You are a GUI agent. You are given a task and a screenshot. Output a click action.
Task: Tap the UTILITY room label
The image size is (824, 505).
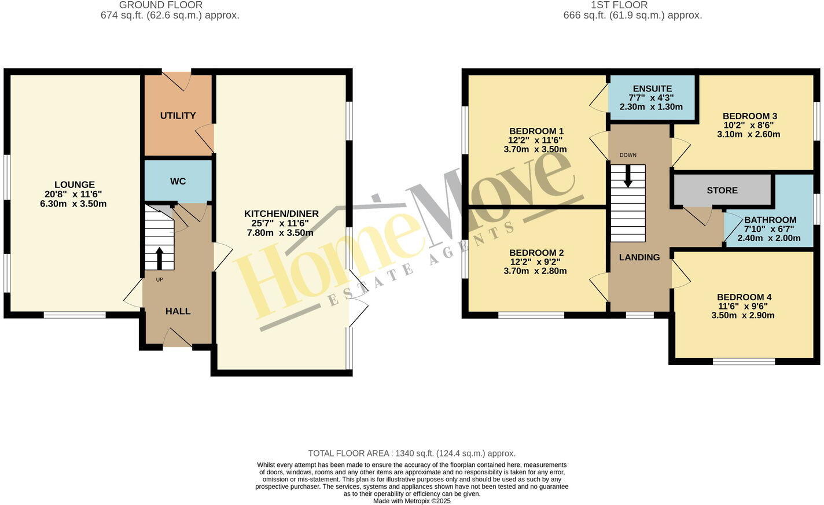178,116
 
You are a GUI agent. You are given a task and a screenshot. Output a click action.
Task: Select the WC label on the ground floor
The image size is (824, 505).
178,181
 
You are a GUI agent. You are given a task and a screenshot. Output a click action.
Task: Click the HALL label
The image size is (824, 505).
178,311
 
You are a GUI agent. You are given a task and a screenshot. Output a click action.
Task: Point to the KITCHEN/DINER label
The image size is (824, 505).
281,214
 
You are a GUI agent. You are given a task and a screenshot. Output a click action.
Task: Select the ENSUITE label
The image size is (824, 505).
652,89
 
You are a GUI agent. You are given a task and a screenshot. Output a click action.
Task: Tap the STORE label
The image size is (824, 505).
722,190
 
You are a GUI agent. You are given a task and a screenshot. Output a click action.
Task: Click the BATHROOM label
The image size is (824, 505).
770,220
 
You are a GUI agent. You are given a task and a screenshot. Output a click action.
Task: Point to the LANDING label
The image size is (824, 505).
639,257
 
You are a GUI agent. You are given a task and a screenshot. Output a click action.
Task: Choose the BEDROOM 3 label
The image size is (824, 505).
749,116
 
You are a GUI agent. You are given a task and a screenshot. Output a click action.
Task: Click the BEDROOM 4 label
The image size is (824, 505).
744,297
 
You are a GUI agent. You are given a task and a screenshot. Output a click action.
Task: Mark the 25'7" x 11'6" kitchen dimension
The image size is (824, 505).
281,223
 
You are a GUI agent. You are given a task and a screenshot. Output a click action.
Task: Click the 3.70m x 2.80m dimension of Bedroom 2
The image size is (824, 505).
535,271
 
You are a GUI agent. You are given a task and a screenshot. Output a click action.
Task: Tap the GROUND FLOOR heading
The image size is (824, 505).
161,5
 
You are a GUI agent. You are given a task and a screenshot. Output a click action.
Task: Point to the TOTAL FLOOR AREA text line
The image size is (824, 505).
411,454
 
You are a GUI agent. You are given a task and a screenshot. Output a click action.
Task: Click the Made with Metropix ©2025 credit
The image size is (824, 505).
411,501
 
